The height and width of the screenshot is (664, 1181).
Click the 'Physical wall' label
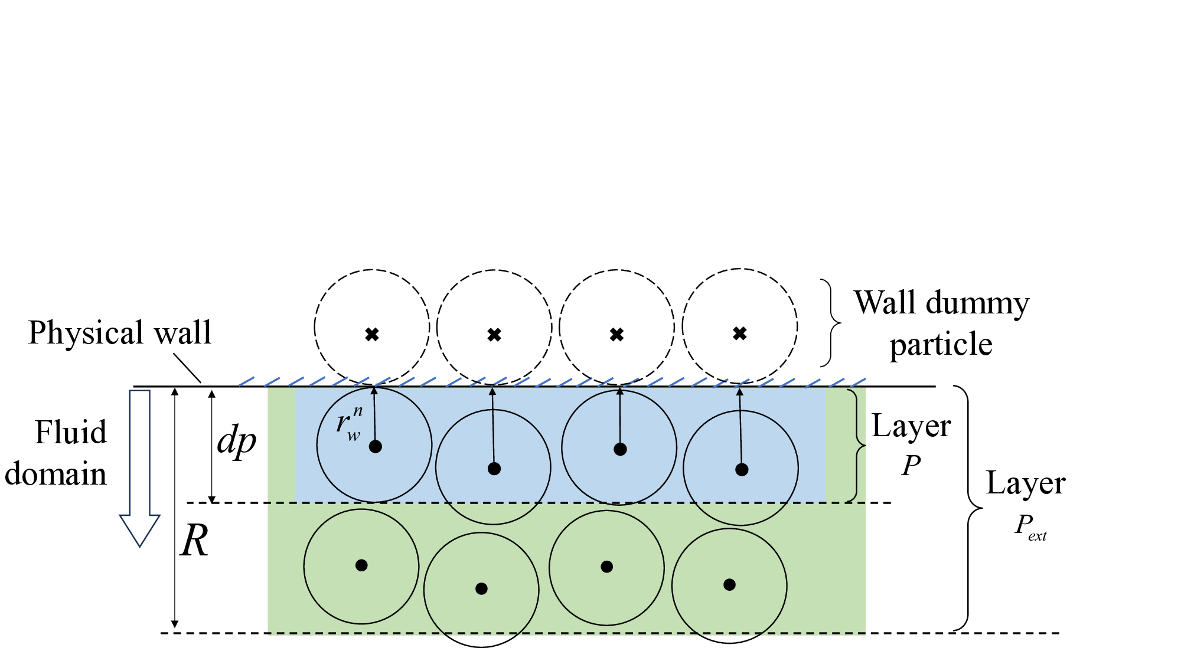tap(120, 332)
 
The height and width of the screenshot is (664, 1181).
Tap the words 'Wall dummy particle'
tap(941, 323)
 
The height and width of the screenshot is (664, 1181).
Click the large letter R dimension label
tap(194, 541)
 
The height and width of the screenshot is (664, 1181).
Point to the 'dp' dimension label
tap(236, 441)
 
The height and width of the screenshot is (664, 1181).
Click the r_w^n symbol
tap(349, 423)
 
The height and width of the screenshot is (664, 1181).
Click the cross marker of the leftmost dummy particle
tap(371, 335)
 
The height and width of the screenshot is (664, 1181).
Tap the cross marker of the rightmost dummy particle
tap(739, 334)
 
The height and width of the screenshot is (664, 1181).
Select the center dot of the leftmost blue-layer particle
tap(375, 446)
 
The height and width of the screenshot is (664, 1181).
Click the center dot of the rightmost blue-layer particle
tap(742, 469)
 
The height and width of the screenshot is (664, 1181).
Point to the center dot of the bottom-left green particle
tap(361, 565)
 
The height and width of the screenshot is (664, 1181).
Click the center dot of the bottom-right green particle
tap(729, 585)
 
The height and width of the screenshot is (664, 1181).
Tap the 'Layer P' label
tap(911, 443)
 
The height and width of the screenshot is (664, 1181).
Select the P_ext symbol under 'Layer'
tap(1030, 525)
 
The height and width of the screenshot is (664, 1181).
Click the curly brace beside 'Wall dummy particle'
tap(833, 323)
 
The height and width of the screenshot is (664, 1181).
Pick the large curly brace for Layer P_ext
tap(968, 508)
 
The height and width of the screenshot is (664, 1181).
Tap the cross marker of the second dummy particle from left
tap(494, 335)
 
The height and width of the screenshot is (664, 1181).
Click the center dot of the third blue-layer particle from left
tap(620, 449)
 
